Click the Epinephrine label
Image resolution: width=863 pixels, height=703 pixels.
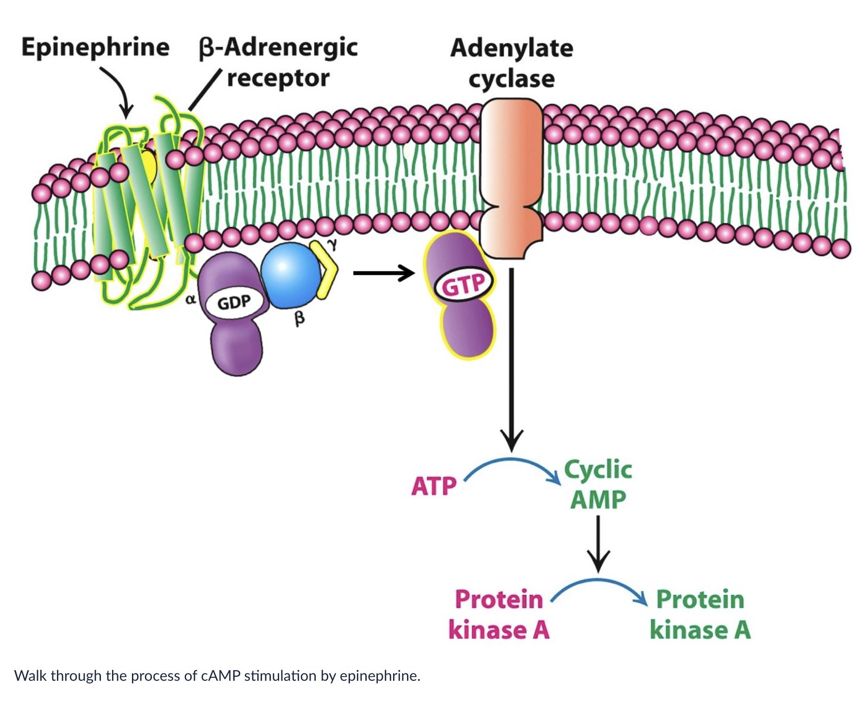(x=95, y=48)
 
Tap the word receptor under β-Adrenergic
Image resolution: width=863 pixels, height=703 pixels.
(x=278, y=78)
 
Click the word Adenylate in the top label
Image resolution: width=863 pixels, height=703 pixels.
(x=512, y=48)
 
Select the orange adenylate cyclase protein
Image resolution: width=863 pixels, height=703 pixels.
(x=511, y=176)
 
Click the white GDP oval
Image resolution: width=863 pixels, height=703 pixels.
(x=234, y=303)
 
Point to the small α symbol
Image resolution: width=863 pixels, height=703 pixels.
(x=190, y=300)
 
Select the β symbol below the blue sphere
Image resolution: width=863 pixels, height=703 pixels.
(x=300, y=319)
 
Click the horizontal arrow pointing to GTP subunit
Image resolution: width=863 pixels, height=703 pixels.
(x=383, y=273)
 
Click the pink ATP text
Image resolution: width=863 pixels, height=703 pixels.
(x=434, y=486)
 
